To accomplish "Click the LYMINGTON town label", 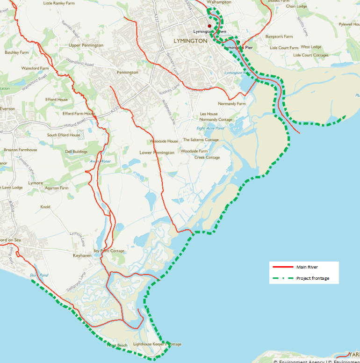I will tap(190, 41).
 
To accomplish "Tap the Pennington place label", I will tap(128, 73).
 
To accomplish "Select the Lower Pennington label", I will tap(157, 152).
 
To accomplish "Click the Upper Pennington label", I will tap(86, 45).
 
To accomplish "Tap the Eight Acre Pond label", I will tap(210, 128).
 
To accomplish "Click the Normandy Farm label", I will tap(231, 104).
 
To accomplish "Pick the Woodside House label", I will tap(164, 141).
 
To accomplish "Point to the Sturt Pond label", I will tap(39, 275).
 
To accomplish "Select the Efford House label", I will tap(57, 100).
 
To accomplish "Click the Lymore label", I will tap(36, 183).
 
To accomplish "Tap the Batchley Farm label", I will tap(17, 52).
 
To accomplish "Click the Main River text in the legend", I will tap(307, 267).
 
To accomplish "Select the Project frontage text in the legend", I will tap(312, 278).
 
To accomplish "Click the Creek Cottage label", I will tap(207, 158).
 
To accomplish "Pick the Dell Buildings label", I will tap(76, 152).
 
